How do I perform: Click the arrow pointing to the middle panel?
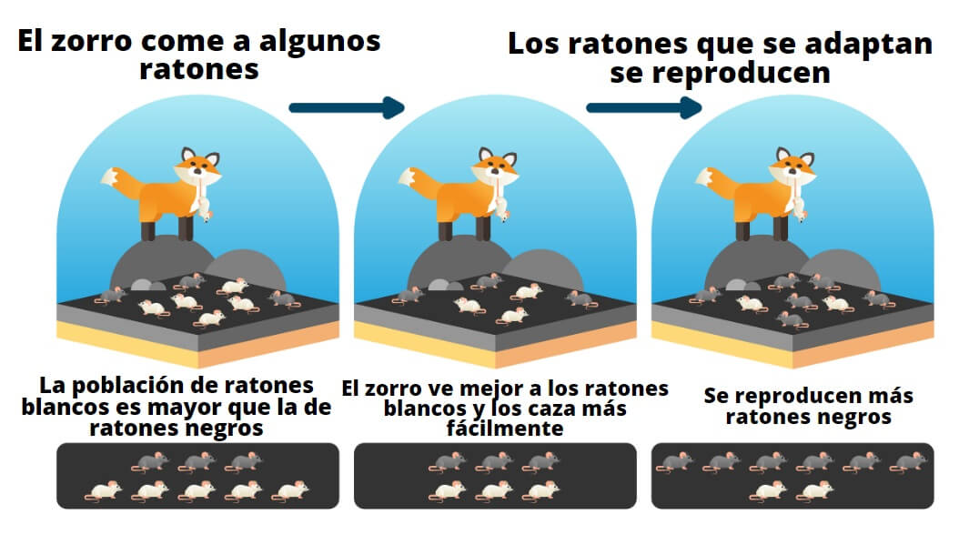346,107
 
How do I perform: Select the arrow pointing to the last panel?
643,107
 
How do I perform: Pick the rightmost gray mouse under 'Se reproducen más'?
906,462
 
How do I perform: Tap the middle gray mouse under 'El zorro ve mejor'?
494,462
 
